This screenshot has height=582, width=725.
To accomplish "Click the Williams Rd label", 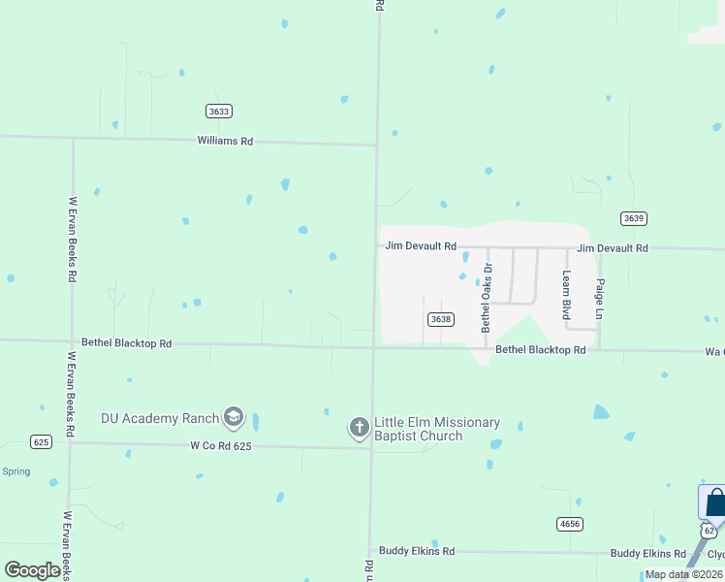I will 225,142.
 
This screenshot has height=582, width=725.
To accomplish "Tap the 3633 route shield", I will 219,112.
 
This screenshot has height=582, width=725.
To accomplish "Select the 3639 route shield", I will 634,218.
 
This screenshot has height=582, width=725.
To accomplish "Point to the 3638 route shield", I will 440,319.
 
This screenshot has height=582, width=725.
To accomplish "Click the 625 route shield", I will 41,441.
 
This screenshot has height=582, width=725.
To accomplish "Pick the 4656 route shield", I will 569,523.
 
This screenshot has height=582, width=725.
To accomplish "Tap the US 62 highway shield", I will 709,531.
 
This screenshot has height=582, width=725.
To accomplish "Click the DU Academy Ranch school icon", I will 233,418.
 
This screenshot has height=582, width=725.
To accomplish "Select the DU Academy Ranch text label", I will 160,419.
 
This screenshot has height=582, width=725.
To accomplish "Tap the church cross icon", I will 359,428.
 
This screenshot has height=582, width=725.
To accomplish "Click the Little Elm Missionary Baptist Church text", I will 437,429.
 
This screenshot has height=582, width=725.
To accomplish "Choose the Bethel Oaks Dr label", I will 488,299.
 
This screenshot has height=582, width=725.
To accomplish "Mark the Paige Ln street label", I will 600,301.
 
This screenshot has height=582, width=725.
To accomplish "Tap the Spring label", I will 16,471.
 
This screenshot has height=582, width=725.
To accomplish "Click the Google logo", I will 32,570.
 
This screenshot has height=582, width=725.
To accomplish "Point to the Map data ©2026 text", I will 683,574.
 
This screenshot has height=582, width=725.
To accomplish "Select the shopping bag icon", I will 715,502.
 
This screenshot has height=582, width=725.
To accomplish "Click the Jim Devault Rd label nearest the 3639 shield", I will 613,249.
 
